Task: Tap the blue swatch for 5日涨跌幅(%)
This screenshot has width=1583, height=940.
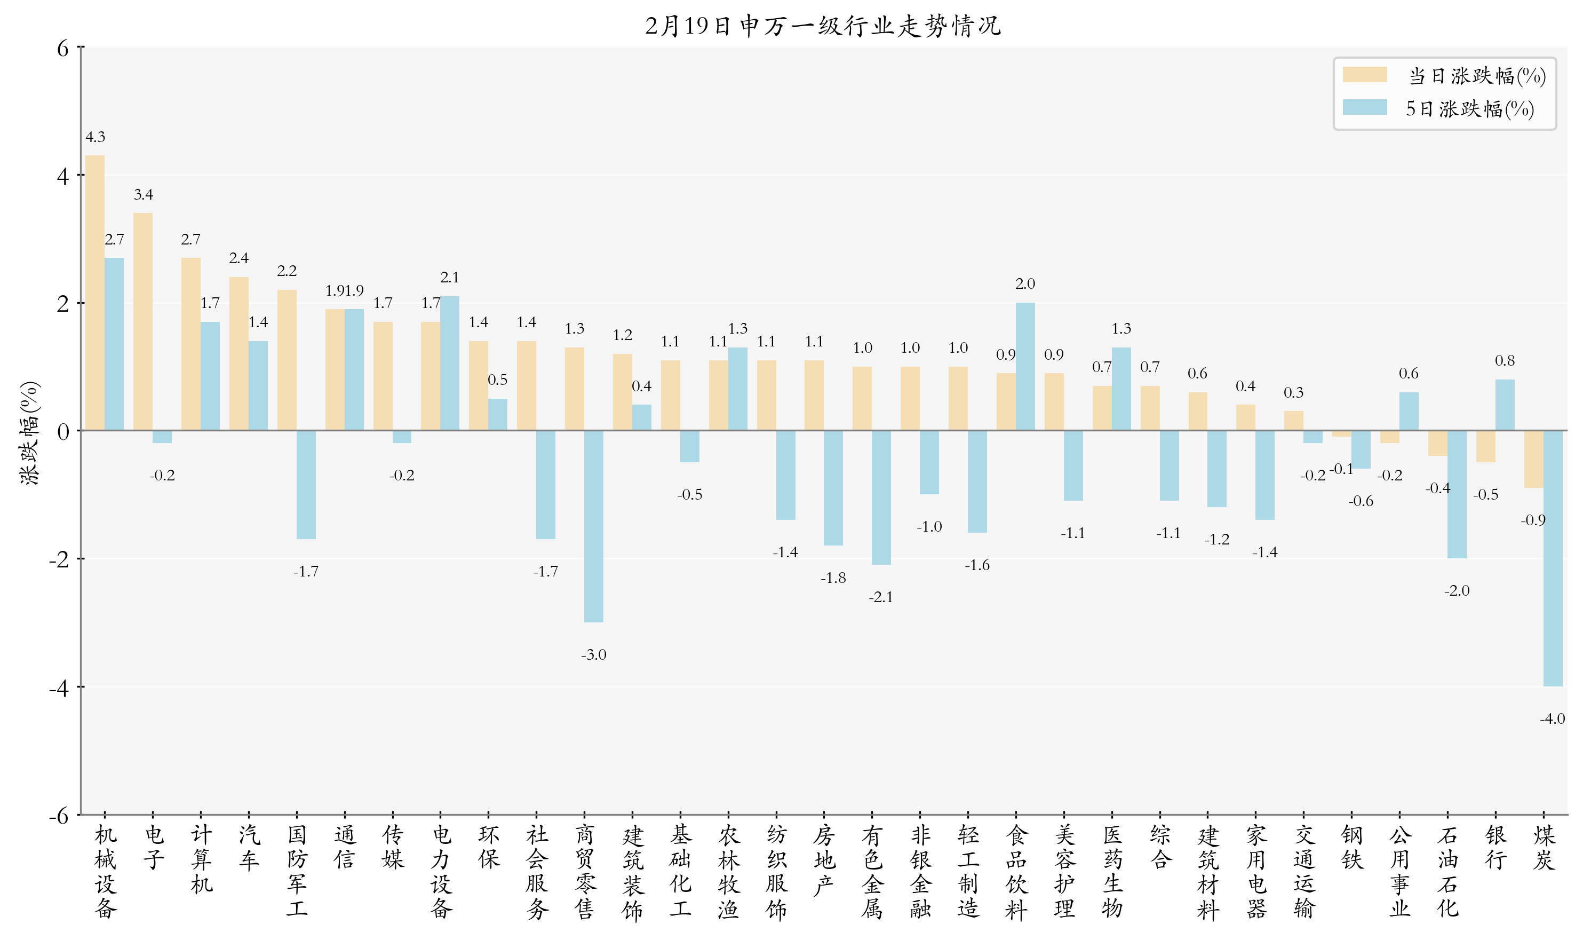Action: click(x=1365, y=108)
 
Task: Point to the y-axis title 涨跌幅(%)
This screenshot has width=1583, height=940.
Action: click(x=30, y=432)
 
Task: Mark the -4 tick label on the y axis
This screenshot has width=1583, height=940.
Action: click(x=59, y=688)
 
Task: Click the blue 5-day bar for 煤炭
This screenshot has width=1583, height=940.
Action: click(x=1552, y=558)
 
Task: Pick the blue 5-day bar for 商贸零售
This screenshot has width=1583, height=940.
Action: click(x=593, y=526)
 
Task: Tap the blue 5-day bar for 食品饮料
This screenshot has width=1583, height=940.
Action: click(x=1025, y=367)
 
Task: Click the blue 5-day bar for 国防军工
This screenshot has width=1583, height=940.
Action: click(x=306, y=485)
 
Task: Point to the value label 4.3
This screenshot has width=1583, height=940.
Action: click(x=95, y=137)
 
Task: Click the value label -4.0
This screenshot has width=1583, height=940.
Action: click(x=1552, y=718)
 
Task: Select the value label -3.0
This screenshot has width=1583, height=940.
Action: click(x=593, y=654)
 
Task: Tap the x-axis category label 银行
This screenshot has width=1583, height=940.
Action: click(x=1495, y=848)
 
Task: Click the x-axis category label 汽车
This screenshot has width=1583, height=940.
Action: click(x=249, y=848)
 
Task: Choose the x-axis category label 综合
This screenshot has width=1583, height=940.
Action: click(x=1159, y=848)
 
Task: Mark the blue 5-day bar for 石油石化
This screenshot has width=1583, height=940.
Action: click(x=1457, y=494)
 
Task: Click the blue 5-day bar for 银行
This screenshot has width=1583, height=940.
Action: click(x=1504, y=405)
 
